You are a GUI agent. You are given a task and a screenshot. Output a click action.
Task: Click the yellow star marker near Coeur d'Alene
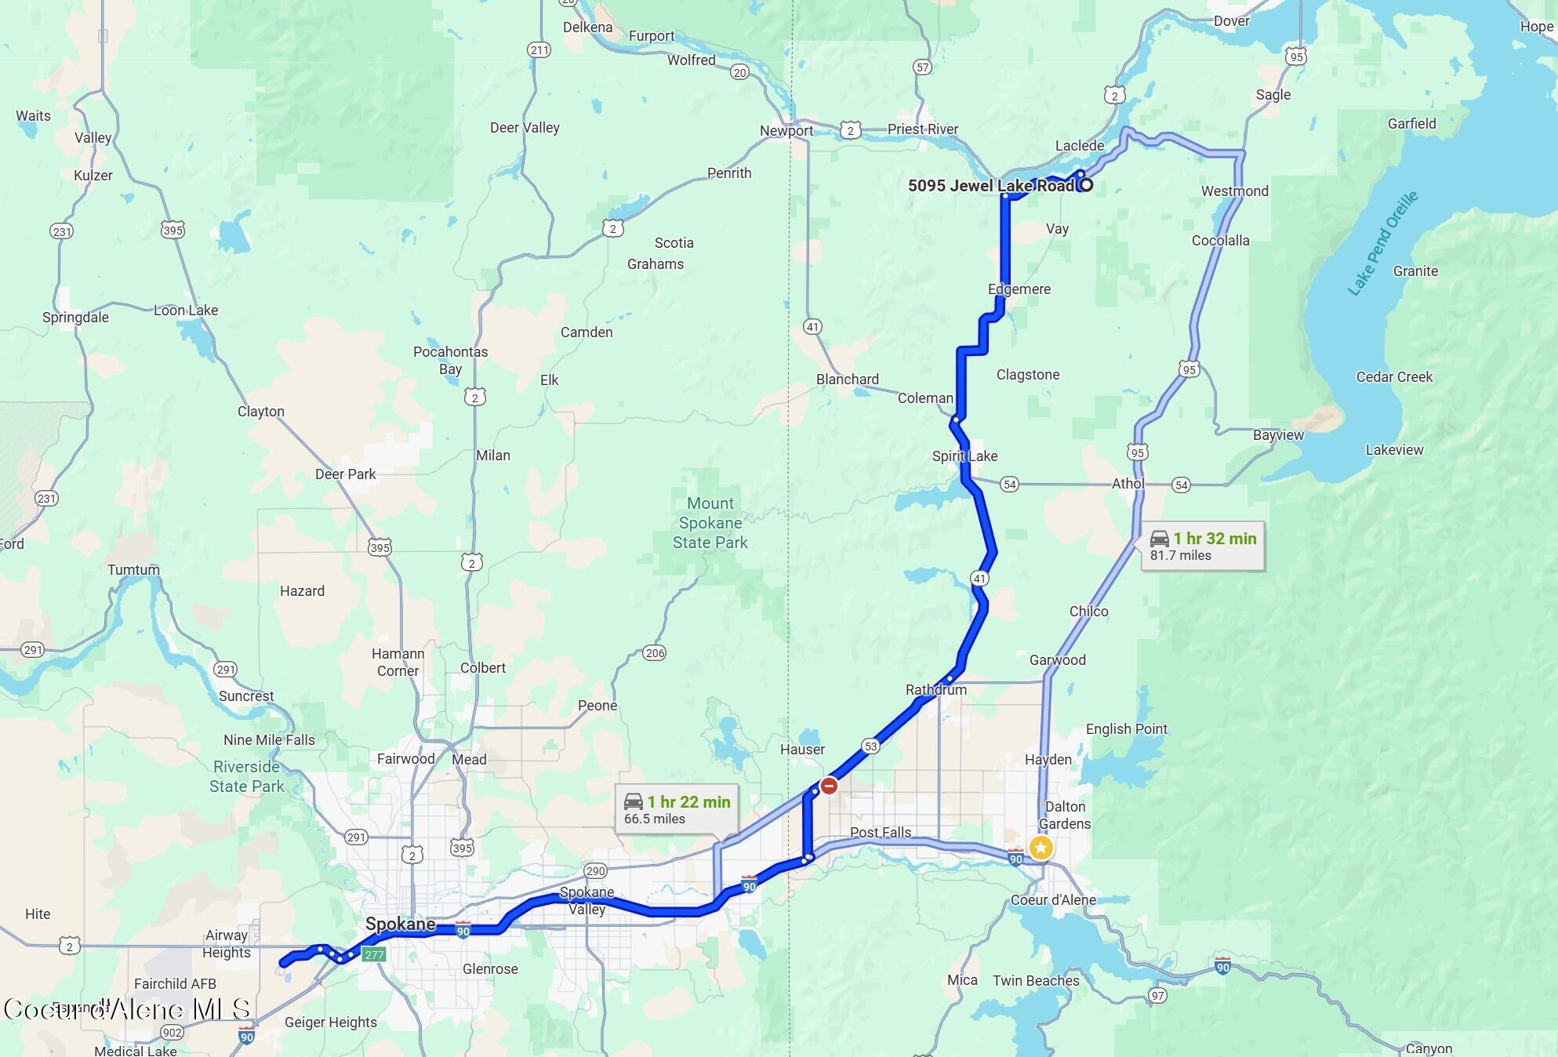[x=1040, y=848]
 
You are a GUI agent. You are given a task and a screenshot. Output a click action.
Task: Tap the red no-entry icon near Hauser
[x=829, y=786]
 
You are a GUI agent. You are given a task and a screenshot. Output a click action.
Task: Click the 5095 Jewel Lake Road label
[x=991, y=186]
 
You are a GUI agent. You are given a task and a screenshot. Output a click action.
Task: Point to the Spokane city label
[x=400, y=924]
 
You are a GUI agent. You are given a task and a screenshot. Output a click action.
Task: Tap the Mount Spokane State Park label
[x=710, y=523]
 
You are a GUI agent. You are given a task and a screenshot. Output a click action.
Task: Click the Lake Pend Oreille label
[x=1383, y=243]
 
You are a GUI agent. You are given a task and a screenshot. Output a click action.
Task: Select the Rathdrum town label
[x=935, y=690]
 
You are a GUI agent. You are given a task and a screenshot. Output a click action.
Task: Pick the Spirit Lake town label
[x=964, y=456]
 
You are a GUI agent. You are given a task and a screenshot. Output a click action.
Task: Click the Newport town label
[x=786, y=131]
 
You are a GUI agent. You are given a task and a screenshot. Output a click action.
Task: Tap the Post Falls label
[x=881, y=832]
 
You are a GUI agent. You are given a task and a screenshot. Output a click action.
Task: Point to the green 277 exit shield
[x=374, y=953]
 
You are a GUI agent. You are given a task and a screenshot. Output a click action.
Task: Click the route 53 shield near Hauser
[x=870, y=746]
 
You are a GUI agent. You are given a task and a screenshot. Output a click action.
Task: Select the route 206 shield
[x=654, y=653]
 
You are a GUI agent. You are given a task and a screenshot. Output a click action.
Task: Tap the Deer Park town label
[x=345, y=474]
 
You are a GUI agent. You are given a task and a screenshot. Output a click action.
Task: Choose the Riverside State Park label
[x=246, y=776]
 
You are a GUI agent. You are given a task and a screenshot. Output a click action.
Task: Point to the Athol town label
[x=1128, y=484]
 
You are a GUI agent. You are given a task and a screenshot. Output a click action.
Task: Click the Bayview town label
[x=1278, y=435]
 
